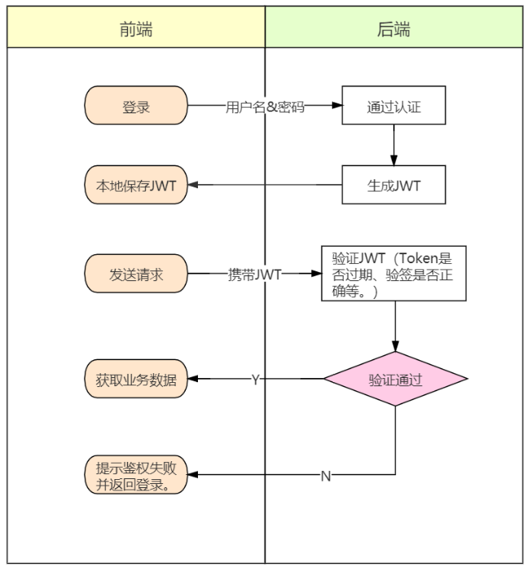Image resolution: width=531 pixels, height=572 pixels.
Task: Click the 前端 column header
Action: click(136, 30)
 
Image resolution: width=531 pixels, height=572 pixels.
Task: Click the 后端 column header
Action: click(393, 30)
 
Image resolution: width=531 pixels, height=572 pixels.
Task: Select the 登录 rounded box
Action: click(136, 106)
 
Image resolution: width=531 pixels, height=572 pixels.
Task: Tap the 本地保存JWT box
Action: click(136, 185)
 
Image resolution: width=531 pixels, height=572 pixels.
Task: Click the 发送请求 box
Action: click(136, 275)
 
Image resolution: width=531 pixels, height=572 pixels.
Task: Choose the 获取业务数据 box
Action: click(136, 379)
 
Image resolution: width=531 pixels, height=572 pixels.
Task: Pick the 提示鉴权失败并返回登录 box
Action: click(136, 475)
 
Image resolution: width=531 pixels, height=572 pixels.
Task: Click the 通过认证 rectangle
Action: click(393, 106)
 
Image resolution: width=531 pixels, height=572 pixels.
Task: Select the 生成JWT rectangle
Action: click(393, 185)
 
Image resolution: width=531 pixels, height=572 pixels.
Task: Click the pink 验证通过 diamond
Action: click(395, 379)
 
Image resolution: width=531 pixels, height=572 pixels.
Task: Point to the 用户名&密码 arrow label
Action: click(265, 106)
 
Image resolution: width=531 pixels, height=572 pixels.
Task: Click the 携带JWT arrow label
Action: click(254, 275)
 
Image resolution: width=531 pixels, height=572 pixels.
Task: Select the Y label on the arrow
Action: click(255, 379)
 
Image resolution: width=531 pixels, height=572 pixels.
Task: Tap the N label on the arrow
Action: click(326, 476)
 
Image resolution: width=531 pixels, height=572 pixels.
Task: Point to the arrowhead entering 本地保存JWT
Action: click(195, 185)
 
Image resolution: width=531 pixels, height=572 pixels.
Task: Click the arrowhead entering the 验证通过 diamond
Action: click(395, 345)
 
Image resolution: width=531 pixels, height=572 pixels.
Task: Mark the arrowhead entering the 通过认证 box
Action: click(336, 106)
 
